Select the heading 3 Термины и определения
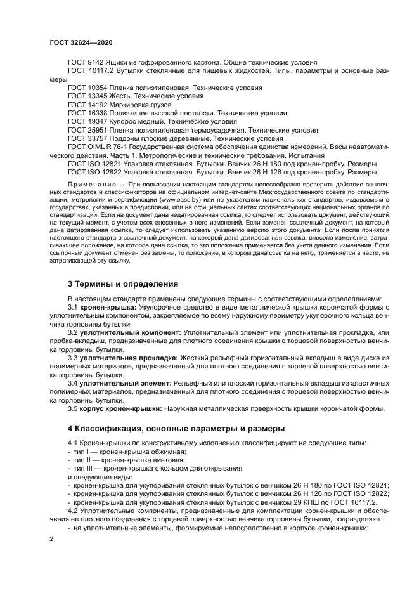tap(123, 283)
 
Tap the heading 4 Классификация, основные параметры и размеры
tap(176, 428)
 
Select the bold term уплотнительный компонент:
tap(131, 332)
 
